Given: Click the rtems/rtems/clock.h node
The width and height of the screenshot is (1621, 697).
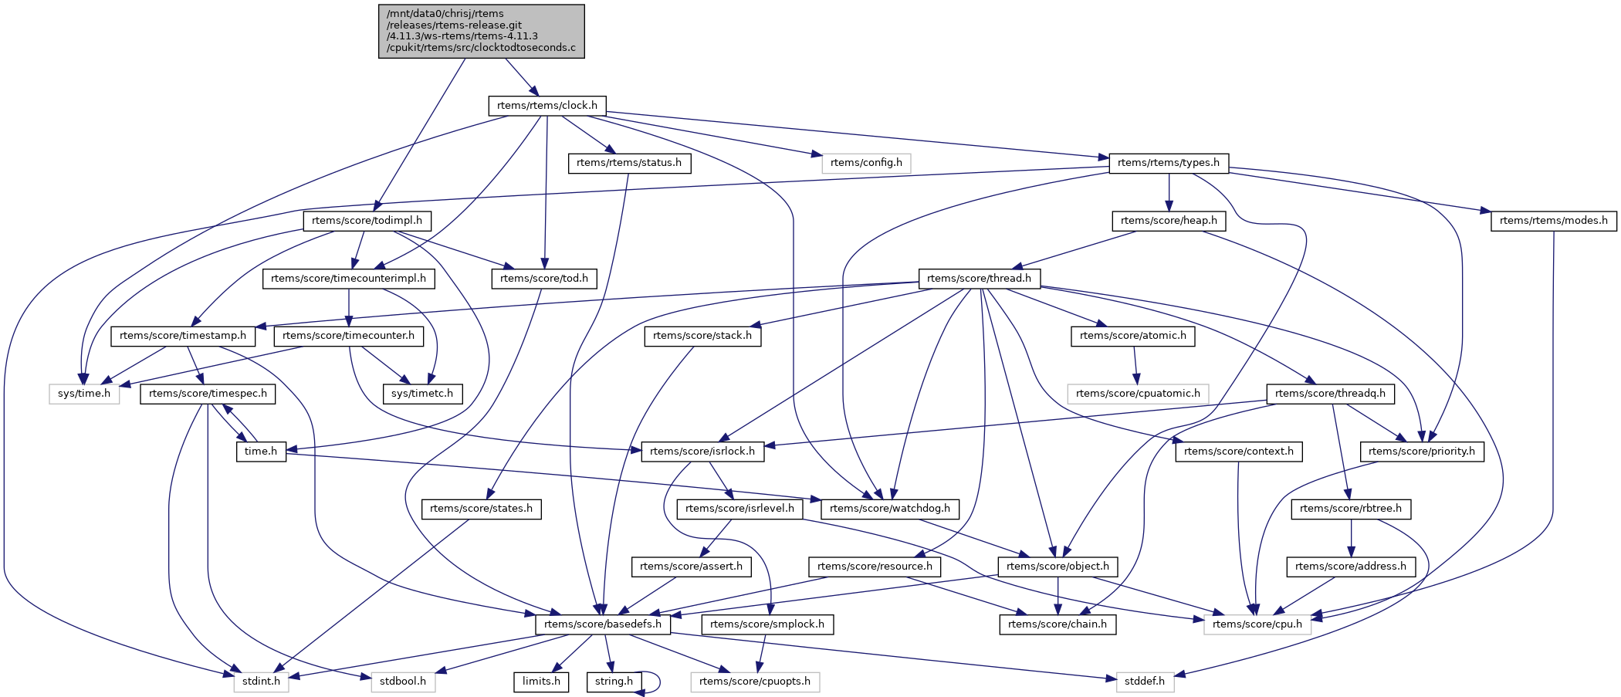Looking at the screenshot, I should [547, 106].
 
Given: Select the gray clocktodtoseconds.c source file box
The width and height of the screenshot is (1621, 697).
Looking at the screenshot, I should [481, 31].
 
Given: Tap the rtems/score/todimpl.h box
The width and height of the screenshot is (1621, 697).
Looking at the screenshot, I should [367, 221].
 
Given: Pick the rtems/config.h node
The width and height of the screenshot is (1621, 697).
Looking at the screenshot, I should [866, 163].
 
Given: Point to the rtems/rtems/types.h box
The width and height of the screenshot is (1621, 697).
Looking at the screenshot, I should [1168, 163].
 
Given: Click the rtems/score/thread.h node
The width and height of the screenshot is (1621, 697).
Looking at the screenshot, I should [979, 278].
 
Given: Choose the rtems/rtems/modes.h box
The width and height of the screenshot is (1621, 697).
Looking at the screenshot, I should [1553, 221].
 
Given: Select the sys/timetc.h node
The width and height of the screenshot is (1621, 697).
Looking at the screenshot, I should [422, 394].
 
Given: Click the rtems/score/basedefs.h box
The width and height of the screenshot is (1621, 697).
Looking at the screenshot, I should [603, 624].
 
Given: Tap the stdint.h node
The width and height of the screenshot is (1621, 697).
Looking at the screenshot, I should [262, 682].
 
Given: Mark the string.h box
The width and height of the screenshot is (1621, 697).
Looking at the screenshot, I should [614, 682].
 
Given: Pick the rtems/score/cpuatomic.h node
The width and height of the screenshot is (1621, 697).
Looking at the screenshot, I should [1138, 394].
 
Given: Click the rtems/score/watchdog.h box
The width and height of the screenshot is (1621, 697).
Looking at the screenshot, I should [891, 509].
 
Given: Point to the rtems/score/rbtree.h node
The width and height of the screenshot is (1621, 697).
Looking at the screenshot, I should [1350, 509].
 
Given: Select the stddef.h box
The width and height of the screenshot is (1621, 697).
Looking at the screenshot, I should [1144, 682].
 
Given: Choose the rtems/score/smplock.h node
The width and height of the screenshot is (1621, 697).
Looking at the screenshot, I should [767, 624].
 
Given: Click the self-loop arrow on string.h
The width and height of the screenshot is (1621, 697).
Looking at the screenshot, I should [658, 682].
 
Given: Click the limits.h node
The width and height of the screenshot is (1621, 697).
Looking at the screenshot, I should [541, 682].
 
